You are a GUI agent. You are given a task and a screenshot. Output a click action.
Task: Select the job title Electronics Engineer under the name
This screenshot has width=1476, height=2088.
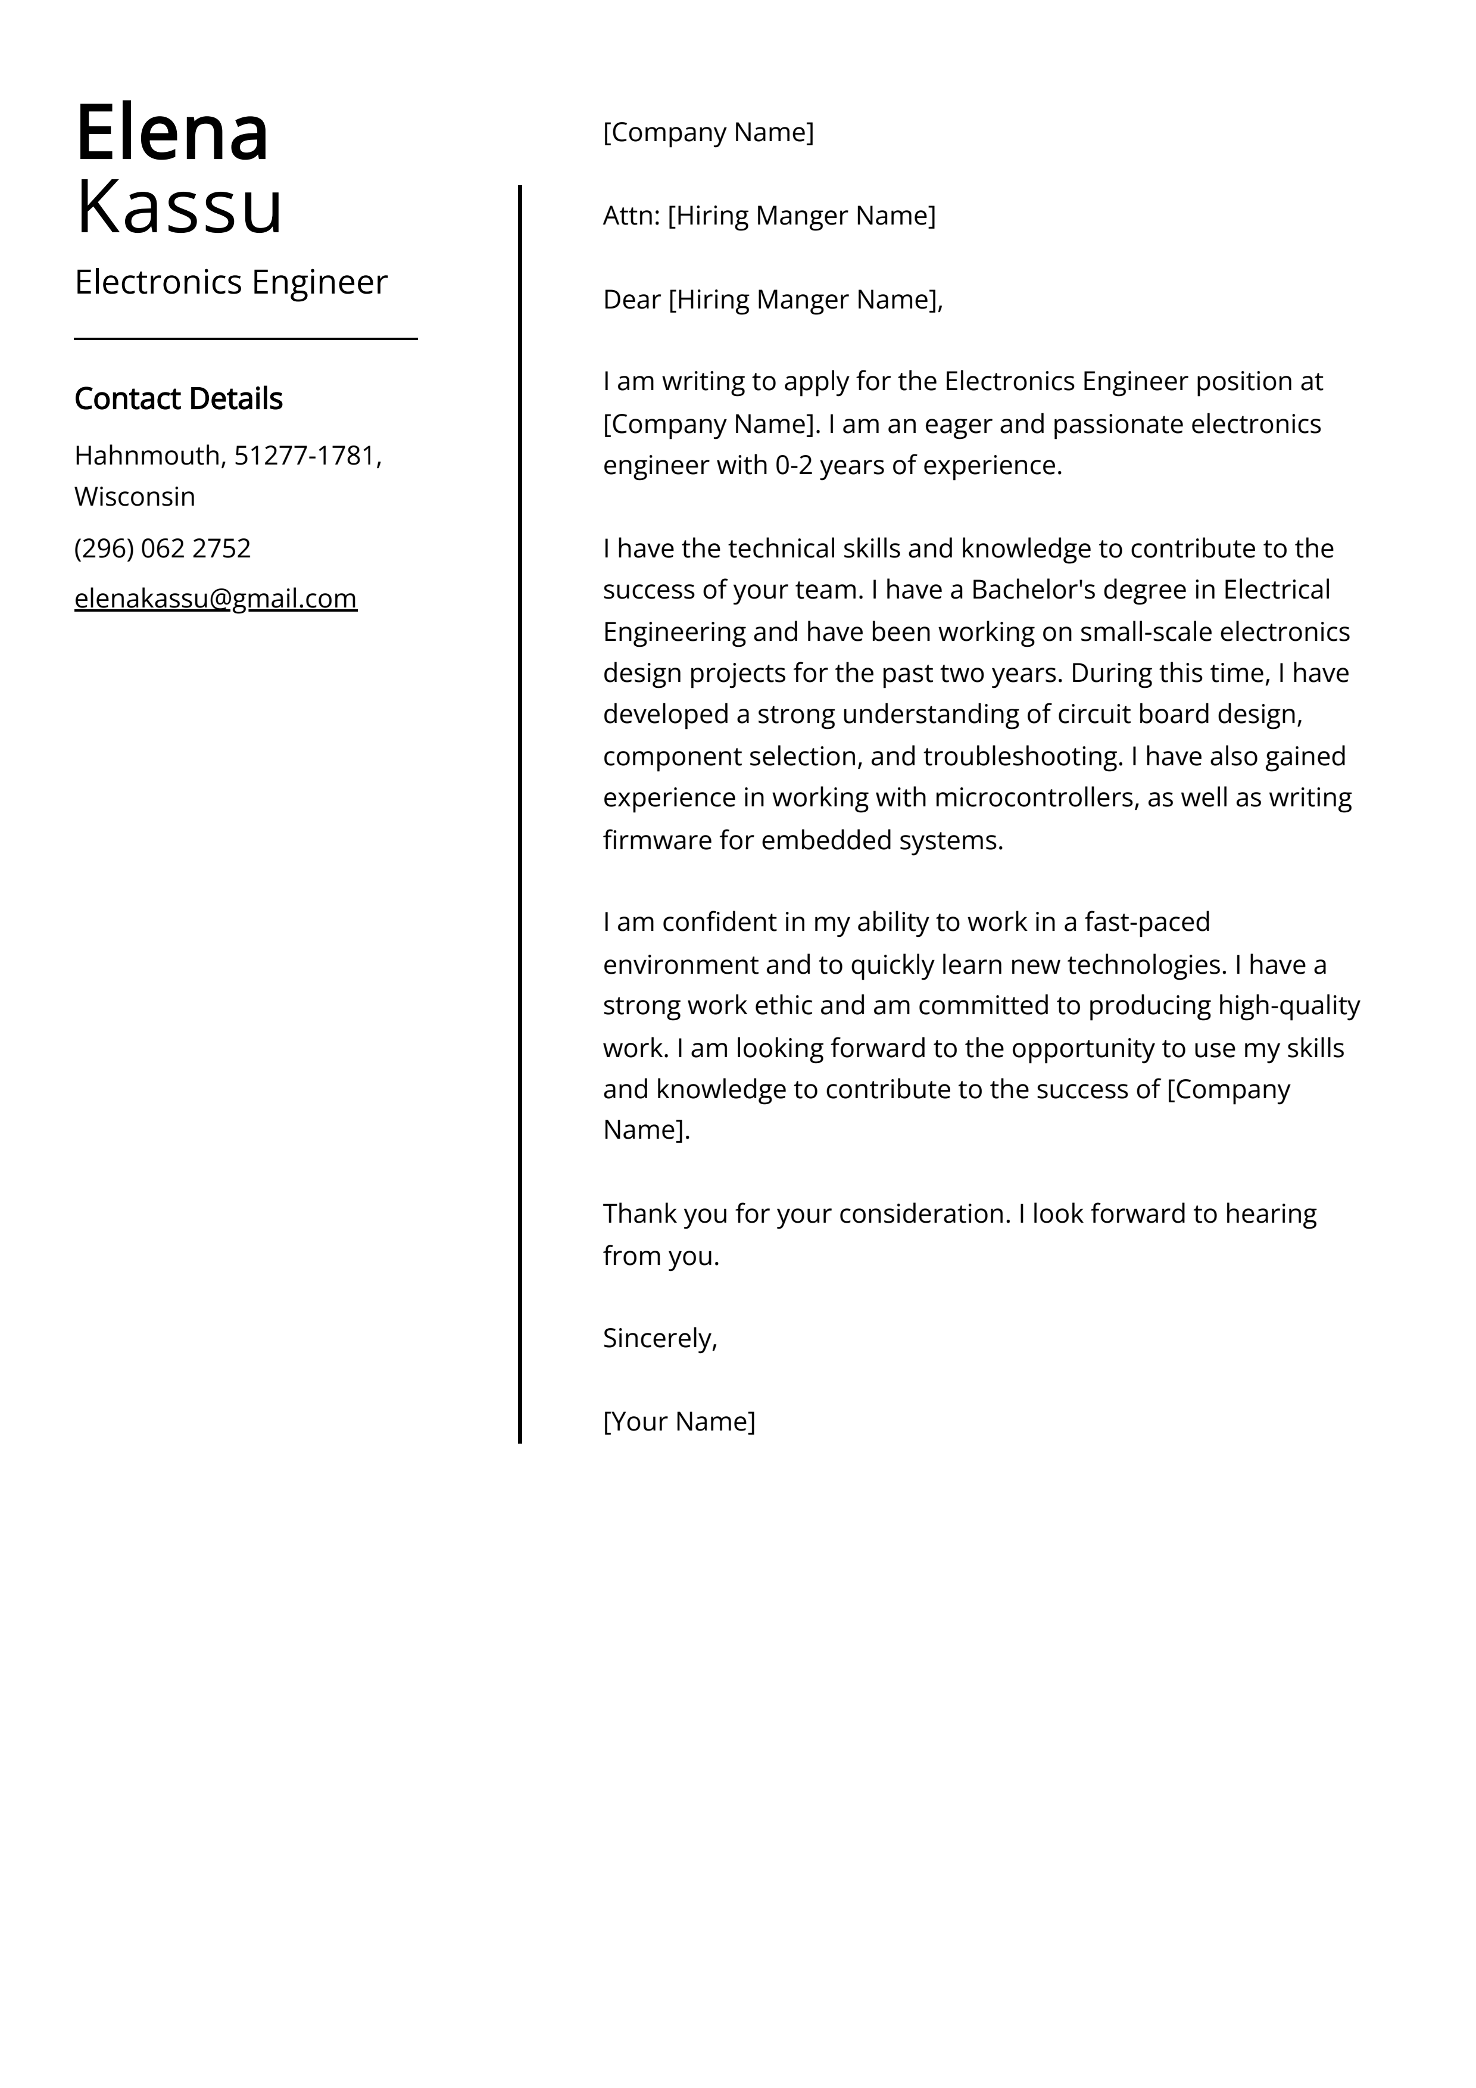pyautogui.click(x=231, y=282)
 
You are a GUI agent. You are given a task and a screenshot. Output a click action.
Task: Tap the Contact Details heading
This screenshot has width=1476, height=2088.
pyautogui.click(x=178, y=398)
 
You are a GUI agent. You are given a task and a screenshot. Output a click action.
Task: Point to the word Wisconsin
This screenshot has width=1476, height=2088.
pyautogui.click(x=135, y=497)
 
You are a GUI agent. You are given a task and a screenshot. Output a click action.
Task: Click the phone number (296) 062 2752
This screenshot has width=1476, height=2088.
pyautogui.click(x=163, y=549)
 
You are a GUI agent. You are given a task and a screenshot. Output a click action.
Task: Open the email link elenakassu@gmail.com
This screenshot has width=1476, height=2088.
pyautogui.click(x=216, y=599)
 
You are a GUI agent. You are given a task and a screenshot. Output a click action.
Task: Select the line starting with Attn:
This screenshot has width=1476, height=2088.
pyautogui.click(x=769, y=216)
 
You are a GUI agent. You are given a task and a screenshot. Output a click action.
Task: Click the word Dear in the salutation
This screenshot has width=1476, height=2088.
pyautogui.click(x=631, y=299)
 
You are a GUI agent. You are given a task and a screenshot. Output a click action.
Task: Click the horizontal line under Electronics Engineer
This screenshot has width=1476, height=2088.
pyautogui.click(x=245, y=339)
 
